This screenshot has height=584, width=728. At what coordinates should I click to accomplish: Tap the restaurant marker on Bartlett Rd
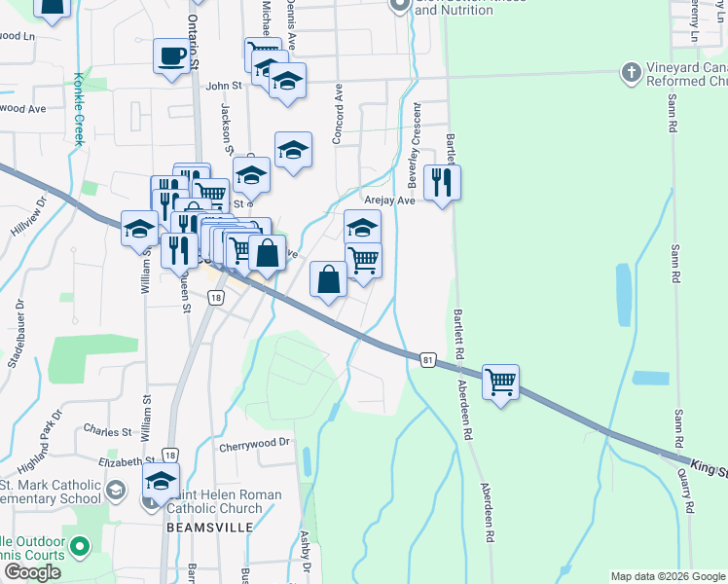pos(443,182)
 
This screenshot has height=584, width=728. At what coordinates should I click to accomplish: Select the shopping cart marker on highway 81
pos(500,383)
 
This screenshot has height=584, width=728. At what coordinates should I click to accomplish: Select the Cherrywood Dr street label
pos(255,442)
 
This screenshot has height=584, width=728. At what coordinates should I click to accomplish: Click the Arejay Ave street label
pos(389,201)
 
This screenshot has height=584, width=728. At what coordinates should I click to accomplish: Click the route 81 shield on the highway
pos(428,360)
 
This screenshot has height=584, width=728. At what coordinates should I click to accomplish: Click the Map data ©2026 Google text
pos(668,576)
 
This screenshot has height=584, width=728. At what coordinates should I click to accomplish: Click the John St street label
pos(216,86)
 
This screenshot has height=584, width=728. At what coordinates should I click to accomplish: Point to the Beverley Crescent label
pos(414,146)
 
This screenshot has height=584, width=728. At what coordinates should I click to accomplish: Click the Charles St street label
pos(107,430)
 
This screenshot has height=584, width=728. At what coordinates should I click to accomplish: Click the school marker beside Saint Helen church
pos(161,481)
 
